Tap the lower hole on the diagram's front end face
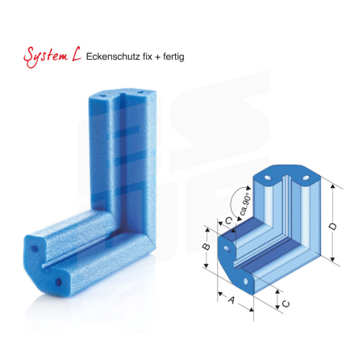[x=246, y=281]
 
